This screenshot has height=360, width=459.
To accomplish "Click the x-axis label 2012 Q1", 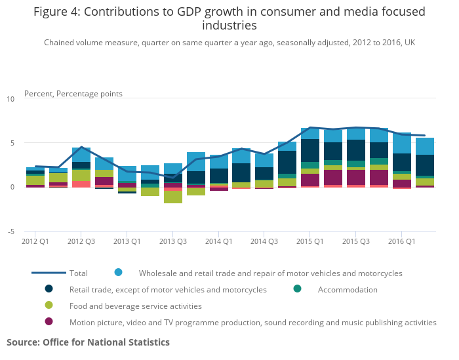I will [x=35, y=241].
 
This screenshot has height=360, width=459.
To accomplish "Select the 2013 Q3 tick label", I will [x=172, y=241].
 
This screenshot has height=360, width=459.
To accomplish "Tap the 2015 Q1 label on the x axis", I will [x=309, y=241].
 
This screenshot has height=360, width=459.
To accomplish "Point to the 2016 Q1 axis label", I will [x=401, y=241].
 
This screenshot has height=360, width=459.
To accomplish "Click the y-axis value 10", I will [x=10, y=99].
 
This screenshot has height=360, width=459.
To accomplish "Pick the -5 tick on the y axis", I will [x=10, y=231].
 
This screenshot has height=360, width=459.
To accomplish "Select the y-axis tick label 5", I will [x=12, y=143].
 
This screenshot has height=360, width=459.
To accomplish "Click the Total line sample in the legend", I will [x=49, y=273].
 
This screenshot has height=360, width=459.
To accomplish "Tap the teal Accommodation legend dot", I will [x=297, y=289].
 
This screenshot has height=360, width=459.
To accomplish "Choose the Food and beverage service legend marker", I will [x=49, y=306].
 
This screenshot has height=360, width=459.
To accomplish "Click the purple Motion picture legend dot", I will [x=49, y=322].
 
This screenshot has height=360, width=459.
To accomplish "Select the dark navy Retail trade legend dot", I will [x=49, y=289].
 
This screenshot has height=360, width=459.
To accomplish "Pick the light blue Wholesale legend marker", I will [x=118, y=273].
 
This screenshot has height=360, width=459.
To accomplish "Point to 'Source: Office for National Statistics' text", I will [x=88, y=342].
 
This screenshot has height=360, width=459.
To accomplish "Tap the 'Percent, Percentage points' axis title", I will [x=73, y=94].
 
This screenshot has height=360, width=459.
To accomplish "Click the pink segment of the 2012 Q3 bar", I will [x=81, y=184].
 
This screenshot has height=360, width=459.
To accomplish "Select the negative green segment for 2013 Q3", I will [x=173, y=197].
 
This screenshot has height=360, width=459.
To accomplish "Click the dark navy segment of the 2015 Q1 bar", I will [x=310, y=150].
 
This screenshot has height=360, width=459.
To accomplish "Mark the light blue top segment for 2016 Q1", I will [x=402, y=142].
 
